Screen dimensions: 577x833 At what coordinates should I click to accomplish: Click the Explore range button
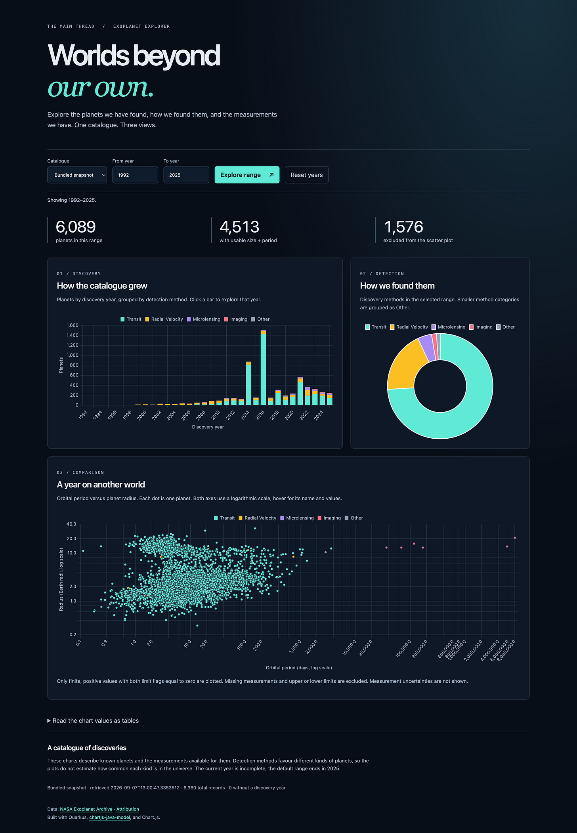click(247, 175)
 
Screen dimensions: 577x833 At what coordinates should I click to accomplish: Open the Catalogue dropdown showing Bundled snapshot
click(77, 175)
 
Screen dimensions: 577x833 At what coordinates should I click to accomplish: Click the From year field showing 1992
click(135, 175)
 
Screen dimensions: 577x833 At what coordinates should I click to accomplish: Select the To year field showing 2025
click(186, 175)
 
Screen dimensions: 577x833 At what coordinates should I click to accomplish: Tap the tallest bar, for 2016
click(263, 367)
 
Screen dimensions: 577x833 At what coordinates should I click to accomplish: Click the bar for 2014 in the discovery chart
click(248, 383)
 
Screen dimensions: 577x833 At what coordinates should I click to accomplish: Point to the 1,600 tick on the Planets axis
click(73, 325)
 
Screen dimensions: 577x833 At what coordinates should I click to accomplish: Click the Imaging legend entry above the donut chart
click(481, 327)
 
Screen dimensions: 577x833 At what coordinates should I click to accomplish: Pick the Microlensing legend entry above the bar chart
click(203, 319)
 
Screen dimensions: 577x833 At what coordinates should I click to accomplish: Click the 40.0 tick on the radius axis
click(71, 524)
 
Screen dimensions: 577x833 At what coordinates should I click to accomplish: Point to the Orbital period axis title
click(299, 668)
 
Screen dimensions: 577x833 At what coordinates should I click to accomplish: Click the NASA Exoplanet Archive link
click(86, 809)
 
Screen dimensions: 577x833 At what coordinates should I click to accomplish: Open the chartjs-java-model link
click(110, 817)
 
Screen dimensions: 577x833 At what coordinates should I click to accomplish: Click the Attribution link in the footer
click(128, 809)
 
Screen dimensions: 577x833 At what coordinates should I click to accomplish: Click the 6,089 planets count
click(76, 227)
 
